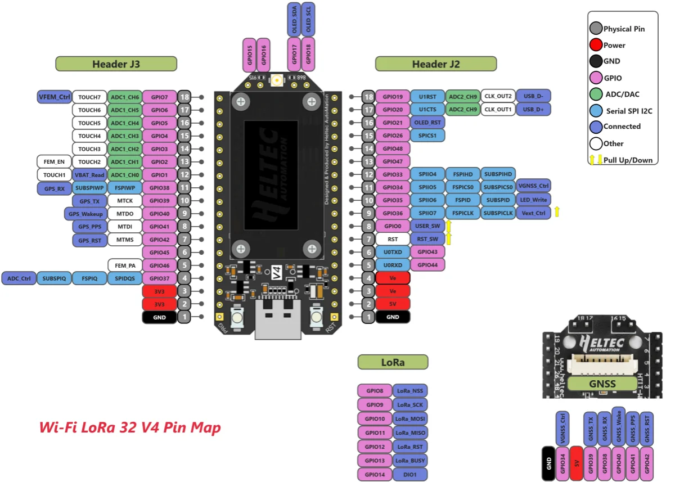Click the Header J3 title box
[x=116, y=64]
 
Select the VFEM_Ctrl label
[x=55, y=97]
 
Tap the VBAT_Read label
[x=89, y=175]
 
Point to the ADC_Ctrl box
[x=19, y=278]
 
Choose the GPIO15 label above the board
[x=249, y=55]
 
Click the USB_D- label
[x=533, y=96]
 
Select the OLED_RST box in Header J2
[x=427, y=123]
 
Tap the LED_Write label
[x=533, y=200]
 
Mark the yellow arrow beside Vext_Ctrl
[x=556, y=211]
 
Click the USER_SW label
[x=427, y=226]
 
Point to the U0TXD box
[x=393, y=252]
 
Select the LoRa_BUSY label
[x=410, y=461]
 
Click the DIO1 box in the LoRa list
[x=410, y=475]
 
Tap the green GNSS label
[x=602, y=384]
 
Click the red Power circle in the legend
[x=596, y=45]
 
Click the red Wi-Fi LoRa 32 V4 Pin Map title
[x=130, y=427]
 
